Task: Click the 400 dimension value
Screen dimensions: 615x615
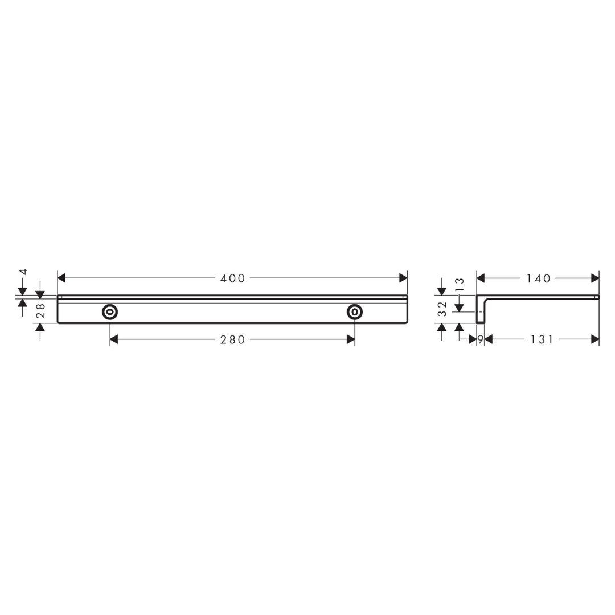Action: [232, 278]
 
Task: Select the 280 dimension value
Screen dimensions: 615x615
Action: [232, 339]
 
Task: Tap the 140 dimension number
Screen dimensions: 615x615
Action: [538, 278]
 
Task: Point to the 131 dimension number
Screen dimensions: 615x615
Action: [542, 339]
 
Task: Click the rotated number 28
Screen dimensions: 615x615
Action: [41, 310]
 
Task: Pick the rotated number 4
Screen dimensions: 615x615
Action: [23, 272]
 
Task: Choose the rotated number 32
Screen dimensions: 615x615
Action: [442, 309]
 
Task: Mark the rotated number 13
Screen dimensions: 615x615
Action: [460, 284]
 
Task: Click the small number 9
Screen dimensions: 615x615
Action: [480, 339]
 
